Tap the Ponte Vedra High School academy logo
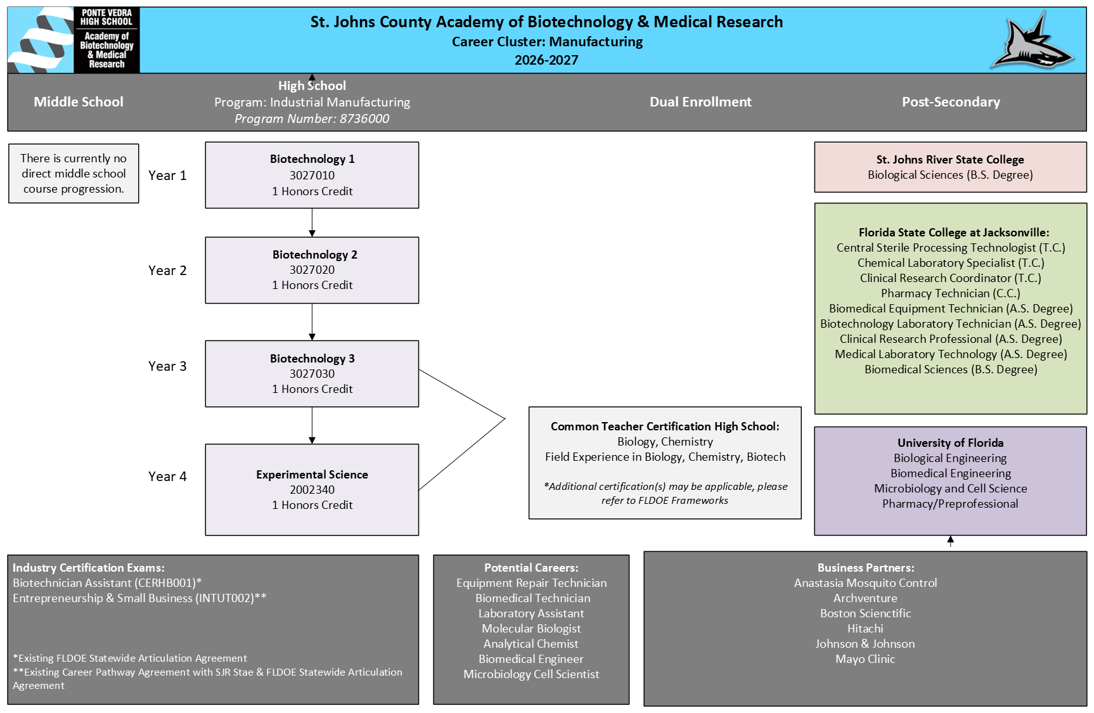tap(74, 40)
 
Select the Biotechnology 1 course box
tap(312, 175)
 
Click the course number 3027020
tap(312, 270)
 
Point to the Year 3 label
tap(167, 366)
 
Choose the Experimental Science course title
tap(312, 475)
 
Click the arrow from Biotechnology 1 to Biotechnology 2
tap(312, 222)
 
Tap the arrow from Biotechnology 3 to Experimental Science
tap(312, 425)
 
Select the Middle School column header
tap(79, 102)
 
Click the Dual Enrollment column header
tap(700, 102)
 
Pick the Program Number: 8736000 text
tap(312, 119)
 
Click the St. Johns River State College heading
tap(950, 160)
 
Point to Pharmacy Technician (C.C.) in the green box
tap(951, 293)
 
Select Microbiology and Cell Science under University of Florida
tap(951, 489)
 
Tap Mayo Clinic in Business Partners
tap(865, 659)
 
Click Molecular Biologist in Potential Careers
tap(531, 629)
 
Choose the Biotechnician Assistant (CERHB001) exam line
tap(107, 583)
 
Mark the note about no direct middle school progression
tap(74, 174)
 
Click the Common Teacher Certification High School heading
tap(665, 427)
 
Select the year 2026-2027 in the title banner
tap(546, 60)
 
